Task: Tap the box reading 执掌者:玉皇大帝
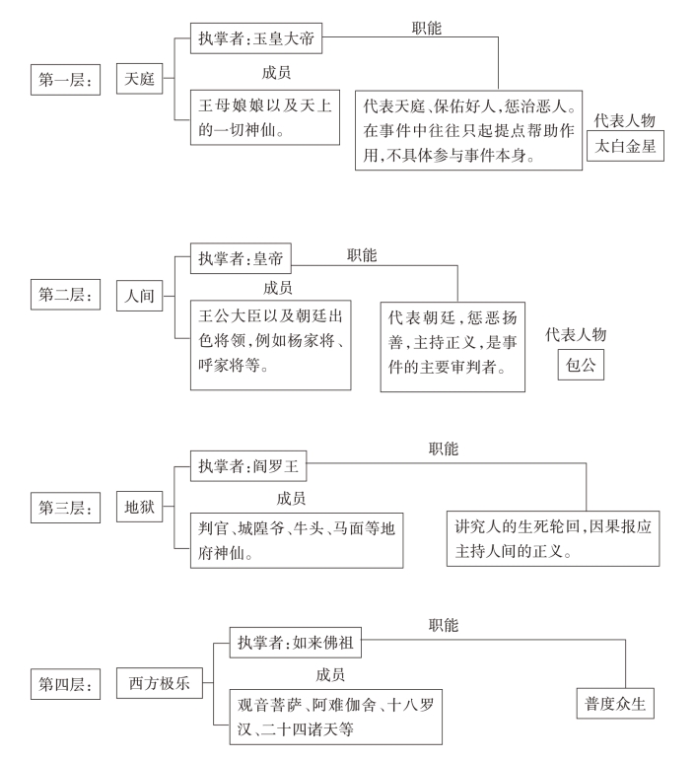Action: point(256,42)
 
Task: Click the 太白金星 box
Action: point(625,146)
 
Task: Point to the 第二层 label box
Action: point(65,295)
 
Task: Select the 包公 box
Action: point(580,363)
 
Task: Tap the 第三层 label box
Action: point(65,509)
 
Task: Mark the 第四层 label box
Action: point(65,682)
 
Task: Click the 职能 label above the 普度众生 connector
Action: point(443,625)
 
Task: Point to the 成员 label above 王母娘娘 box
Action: point(275,72)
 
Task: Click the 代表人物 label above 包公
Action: point(576,335)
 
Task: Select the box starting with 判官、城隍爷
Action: point(296,539)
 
